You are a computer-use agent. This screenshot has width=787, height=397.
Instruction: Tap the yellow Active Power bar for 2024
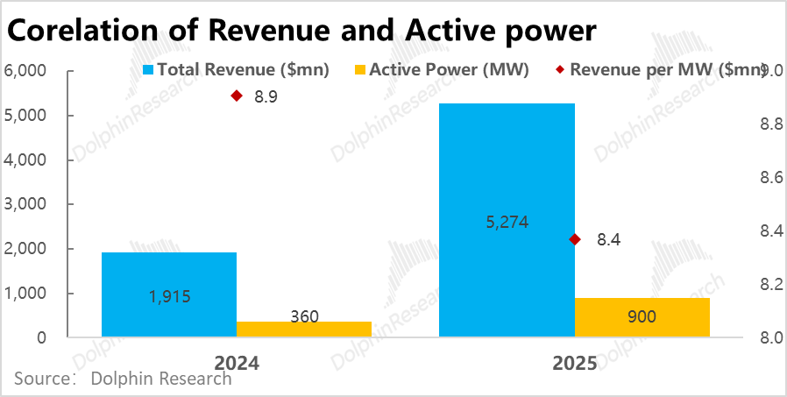click(304, 329)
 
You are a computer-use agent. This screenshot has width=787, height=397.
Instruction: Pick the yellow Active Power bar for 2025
click(642, 316)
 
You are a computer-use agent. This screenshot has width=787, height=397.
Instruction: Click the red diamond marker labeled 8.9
click(237, 96)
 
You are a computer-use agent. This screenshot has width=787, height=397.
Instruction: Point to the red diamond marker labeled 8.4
click(575, 239)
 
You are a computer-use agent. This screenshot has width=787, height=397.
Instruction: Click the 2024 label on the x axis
click(237, 362)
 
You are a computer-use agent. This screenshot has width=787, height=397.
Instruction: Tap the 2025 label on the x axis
click(574, 362)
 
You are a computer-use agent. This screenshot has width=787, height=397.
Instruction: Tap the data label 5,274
click(506, 221)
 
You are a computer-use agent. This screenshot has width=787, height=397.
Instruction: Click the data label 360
click(304, 317)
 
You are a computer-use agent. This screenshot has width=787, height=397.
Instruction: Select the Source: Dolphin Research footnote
click(123, 379)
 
